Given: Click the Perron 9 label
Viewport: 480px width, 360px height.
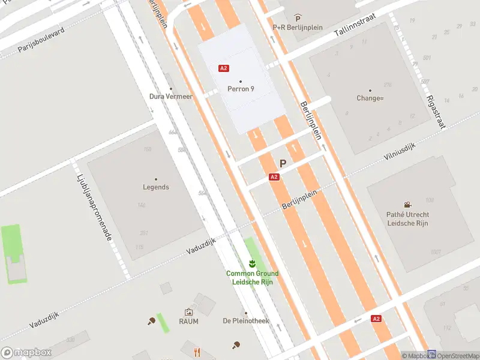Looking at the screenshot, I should (241, 89).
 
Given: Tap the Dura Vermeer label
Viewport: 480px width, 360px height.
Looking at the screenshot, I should (171, 96).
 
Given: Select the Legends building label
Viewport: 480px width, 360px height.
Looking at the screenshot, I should (156, 187).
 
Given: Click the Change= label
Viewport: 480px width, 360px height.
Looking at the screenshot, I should (370, 98).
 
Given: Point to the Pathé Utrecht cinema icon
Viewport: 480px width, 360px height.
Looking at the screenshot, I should (408, 205).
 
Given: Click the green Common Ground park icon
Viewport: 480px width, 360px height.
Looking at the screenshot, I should (253, 264).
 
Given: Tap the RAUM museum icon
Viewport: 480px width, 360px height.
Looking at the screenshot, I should (188, 312).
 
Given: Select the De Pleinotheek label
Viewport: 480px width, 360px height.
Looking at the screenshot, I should (245, 321).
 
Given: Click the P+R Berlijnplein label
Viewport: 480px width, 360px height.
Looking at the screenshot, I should (298, 27).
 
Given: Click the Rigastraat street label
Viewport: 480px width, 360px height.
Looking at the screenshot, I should (437, 112).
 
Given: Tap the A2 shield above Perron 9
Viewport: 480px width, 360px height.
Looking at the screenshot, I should (224, 68).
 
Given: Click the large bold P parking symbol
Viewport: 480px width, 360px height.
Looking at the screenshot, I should (283, 163).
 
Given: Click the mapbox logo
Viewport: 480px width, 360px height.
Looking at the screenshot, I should (26, 353).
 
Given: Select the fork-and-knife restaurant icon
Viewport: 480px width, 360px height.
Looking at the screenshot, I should (197, 352).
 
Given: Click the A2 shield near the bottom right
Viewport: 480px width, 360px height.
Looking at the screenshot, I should (376, 319).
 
